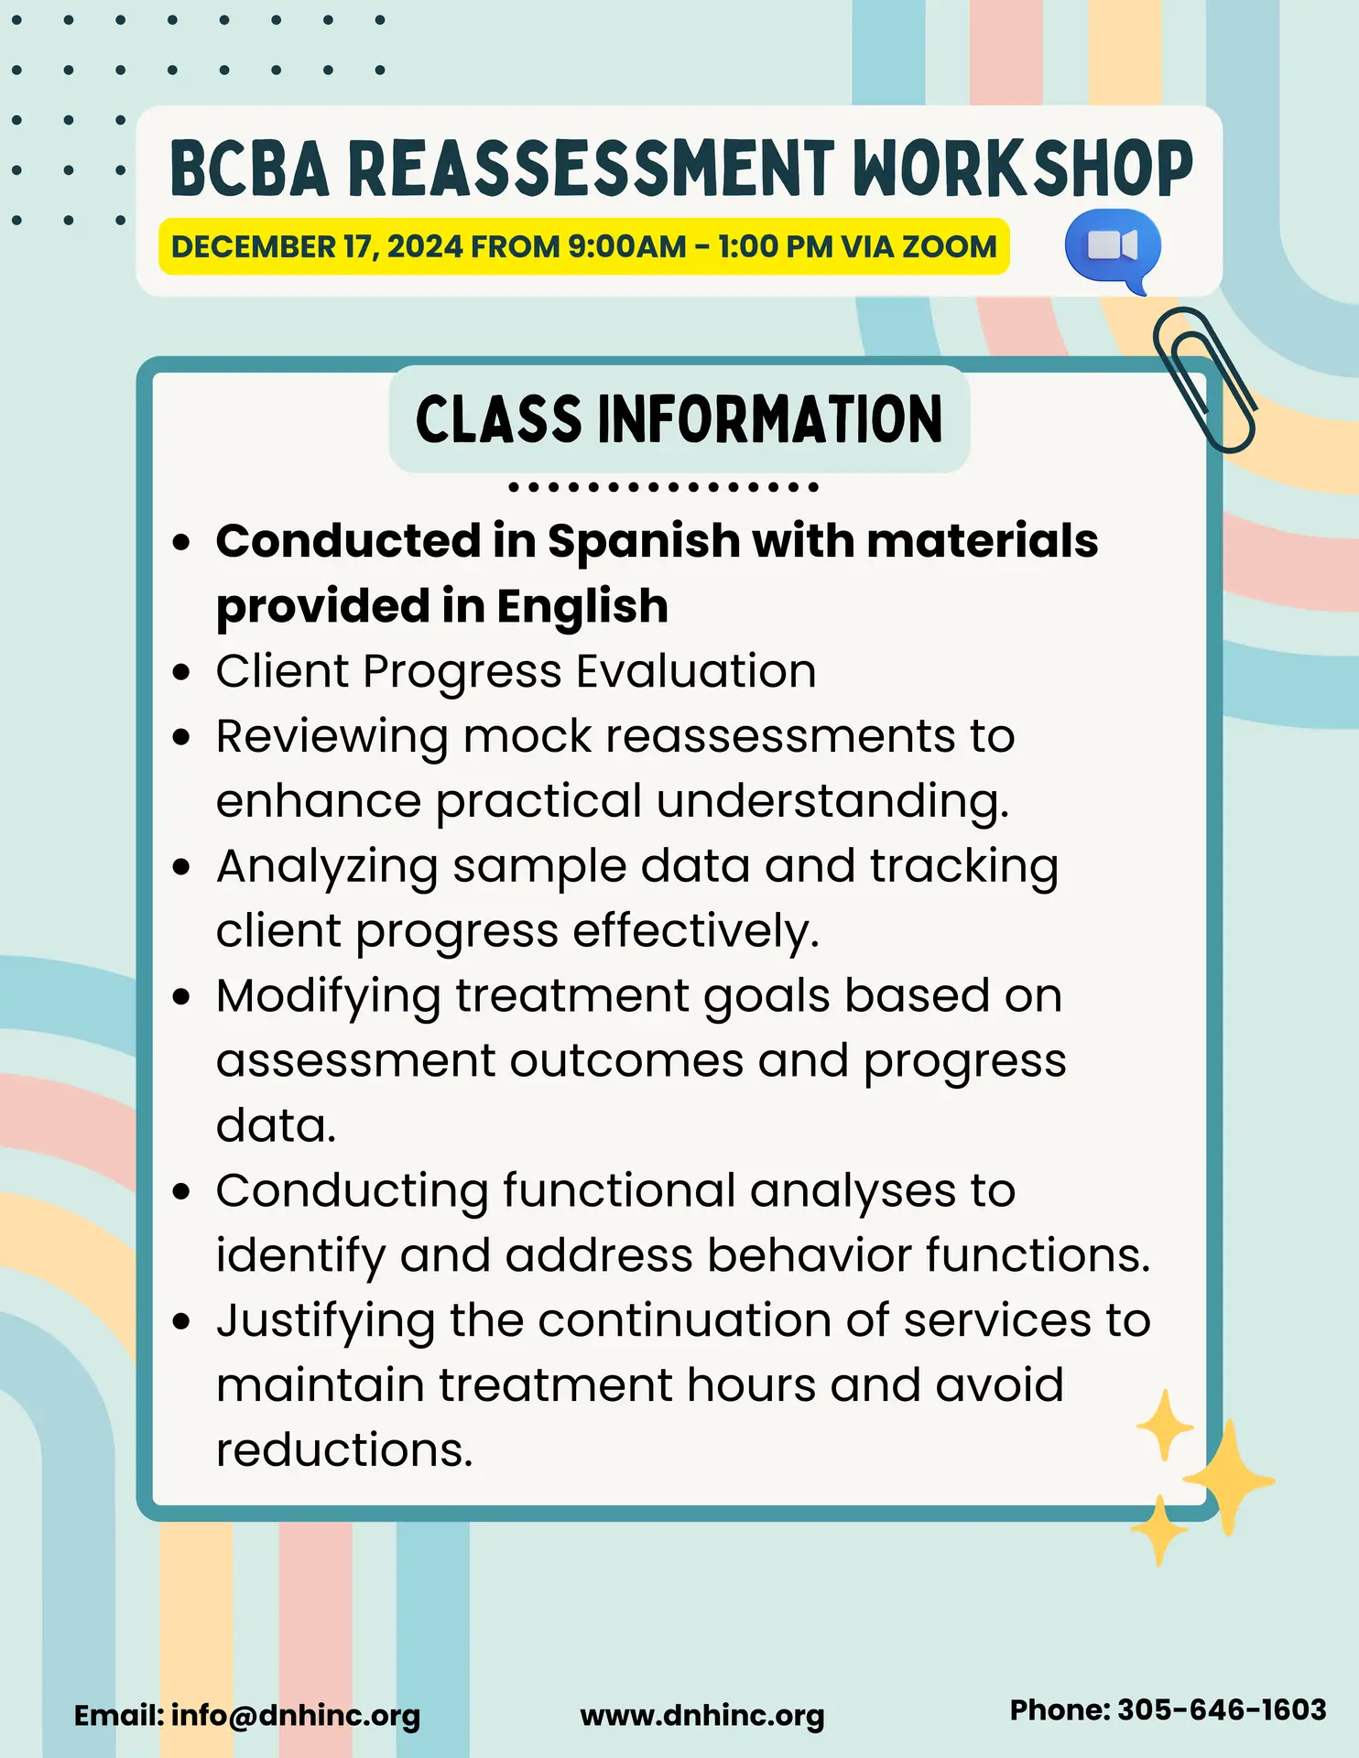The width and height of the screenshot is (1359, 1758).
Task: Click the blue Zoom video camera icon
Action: [x=1113, y=249]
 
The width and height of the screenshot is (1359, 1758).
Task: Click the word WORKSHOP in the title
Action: [x=1023, y=169]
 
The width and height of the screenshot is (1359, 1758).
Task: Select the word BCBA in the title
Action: [x=249, y=169]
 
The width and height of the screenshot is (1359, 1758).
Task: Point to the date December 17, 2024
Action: [x=317, y=247]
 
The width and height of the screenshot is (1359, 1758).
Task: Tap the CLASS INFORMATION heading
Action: [x=679, y=419]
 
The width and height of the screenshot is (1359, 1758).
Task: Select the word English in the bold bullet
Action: [x=582, y=606]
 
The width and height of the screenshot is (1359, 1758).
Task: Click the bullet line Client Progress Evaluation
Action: [x=516, y=672]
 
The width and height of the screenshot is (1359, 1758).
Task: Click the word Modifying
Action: [x=329, y=997]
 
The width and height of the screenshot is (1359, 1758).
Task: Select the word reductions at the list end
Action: [x=344, y=1450]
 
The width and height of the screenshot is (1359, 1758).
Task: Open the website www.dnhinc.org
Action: [x=702, y=1717]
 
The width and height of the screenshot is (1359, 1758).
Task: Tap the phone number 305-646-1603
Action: [x=1223, y=1710]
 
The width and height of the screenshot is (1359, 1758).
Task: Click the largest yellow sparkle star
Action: [x=1229, y=1478]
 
